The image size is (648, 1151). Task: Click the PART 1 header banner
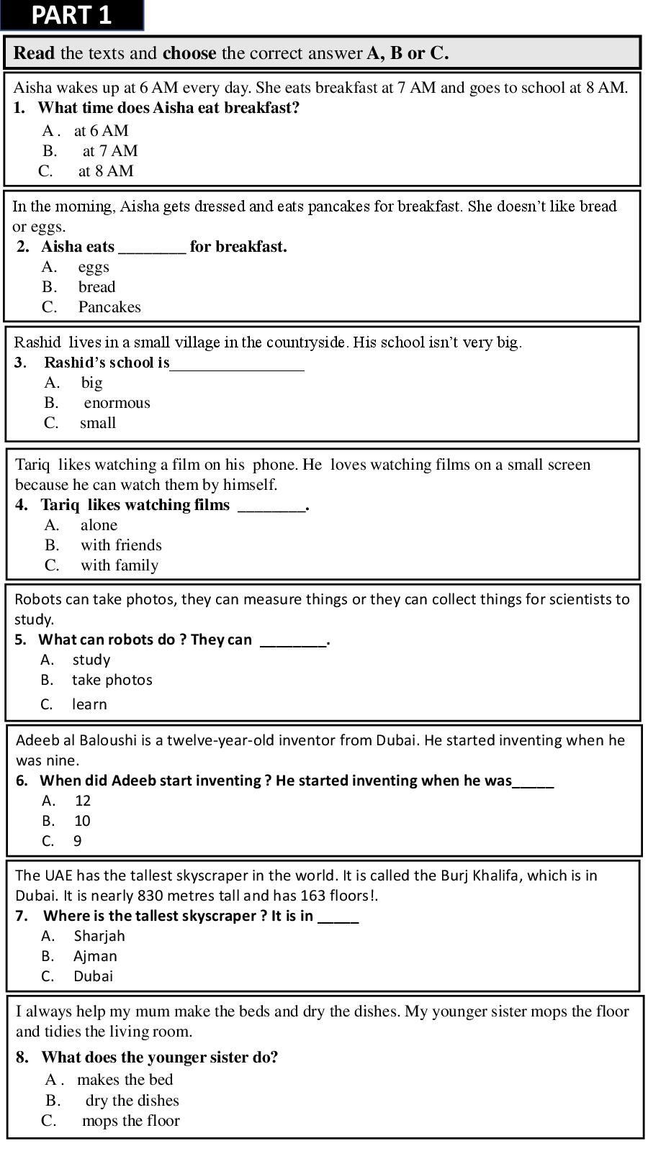click(72, 15)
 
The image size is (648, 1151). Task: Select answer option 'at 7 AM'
click(109, 151)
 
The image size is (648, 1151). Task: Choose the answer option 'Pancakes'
click(109, 307)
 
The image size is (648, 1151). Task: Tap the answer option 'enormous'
click(117, 403)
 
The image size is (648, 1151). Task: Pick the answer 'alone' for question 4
click(99, 525)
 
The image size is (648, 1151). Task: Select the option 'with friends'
click(121, 545)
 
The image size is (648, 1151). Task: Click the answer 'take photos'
click(112, 680)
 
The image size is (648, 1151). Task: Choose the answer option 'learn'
click(89, 704)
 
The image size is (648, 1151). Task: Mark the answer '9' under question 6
click(77, 841)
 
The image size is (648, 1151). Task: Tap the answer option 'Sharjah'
click(99, 936)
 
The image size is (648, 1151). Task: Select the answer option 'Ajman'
click(95, 956)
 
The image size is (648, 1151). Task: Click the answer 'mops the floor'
click(130, 1121)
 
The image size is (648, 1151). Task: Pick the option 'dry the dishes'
click(132, 1101)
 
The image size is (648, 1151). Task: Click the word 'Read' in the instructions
click(35, 53)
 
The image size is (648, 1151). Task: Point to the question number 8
click(22, 1057)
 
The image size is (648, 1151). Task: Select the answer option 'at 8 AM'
click(106, 171)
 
